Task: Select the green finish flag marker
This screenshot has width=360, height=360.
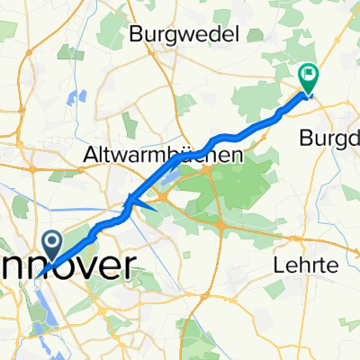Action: [309, 78]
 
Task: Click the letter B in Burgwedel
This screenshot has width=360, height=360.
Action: [136, 35]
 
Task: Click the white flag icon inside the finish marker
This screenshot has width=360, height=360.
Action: [309, 74]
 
